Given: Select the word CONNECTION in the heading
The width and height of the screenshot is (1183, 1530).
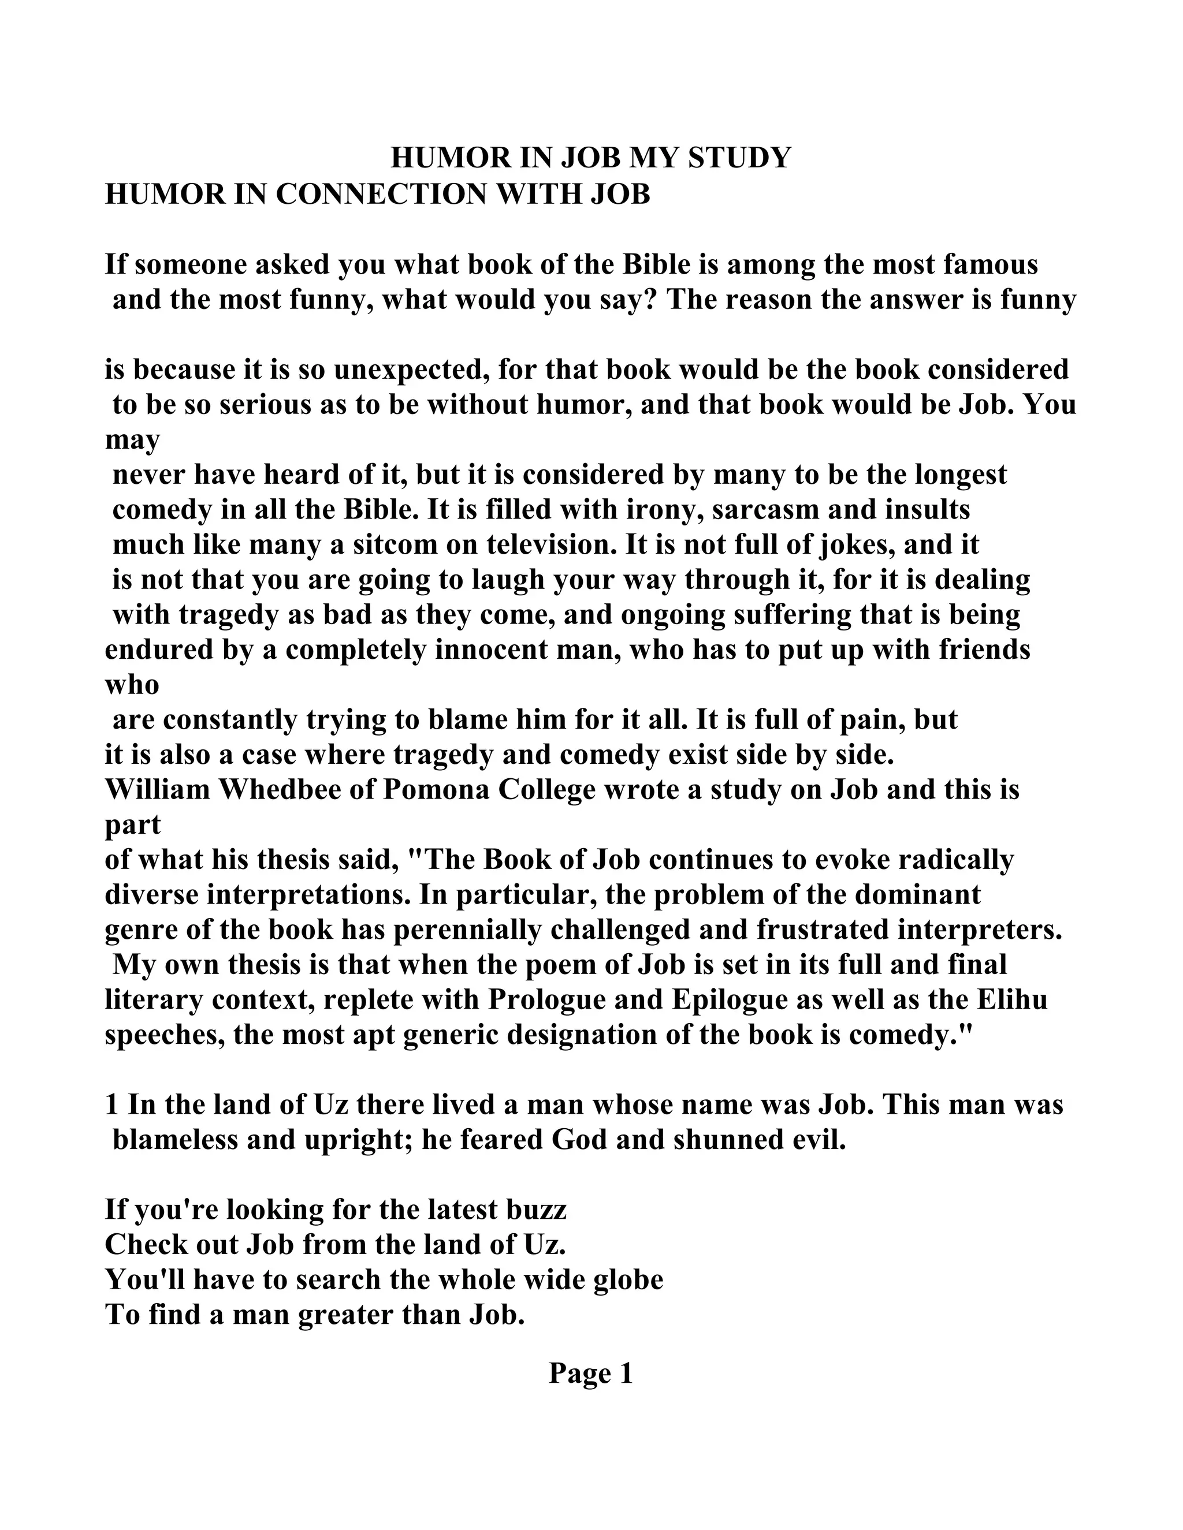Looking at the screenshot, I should point(381,194).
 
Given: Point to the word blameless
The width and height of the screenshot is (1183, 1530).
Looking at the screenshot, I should point(175,1140).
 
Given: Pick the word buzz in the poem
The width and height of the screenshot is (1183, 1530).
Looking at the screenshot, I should point(539,1210).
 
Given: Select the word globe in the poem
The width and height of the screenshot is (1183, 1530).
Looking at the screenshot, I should point(628,1280).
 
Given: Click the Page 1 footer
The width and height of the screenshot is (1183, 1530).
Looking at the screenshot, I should point(591,1373).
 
